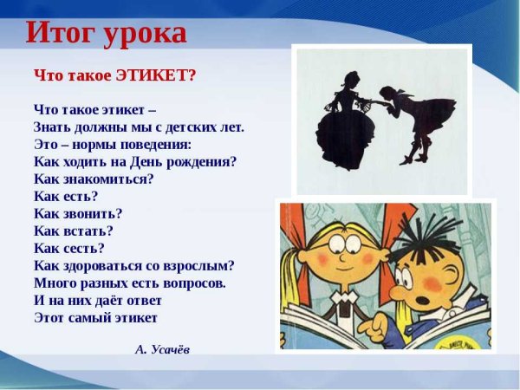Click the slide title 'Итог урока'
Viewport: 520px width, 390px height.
(106, 33)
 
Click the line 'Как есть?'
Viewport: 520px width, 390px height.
(66, 196)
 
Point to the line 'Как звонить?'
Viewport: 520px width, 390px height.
(78, 213)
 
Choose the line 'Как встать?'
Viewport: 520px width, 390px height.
(74, 231)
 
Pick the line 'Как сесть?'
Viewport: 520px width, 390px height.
(69, 248)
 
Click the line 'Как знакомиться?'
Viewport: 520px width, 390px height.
(94, 179)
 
